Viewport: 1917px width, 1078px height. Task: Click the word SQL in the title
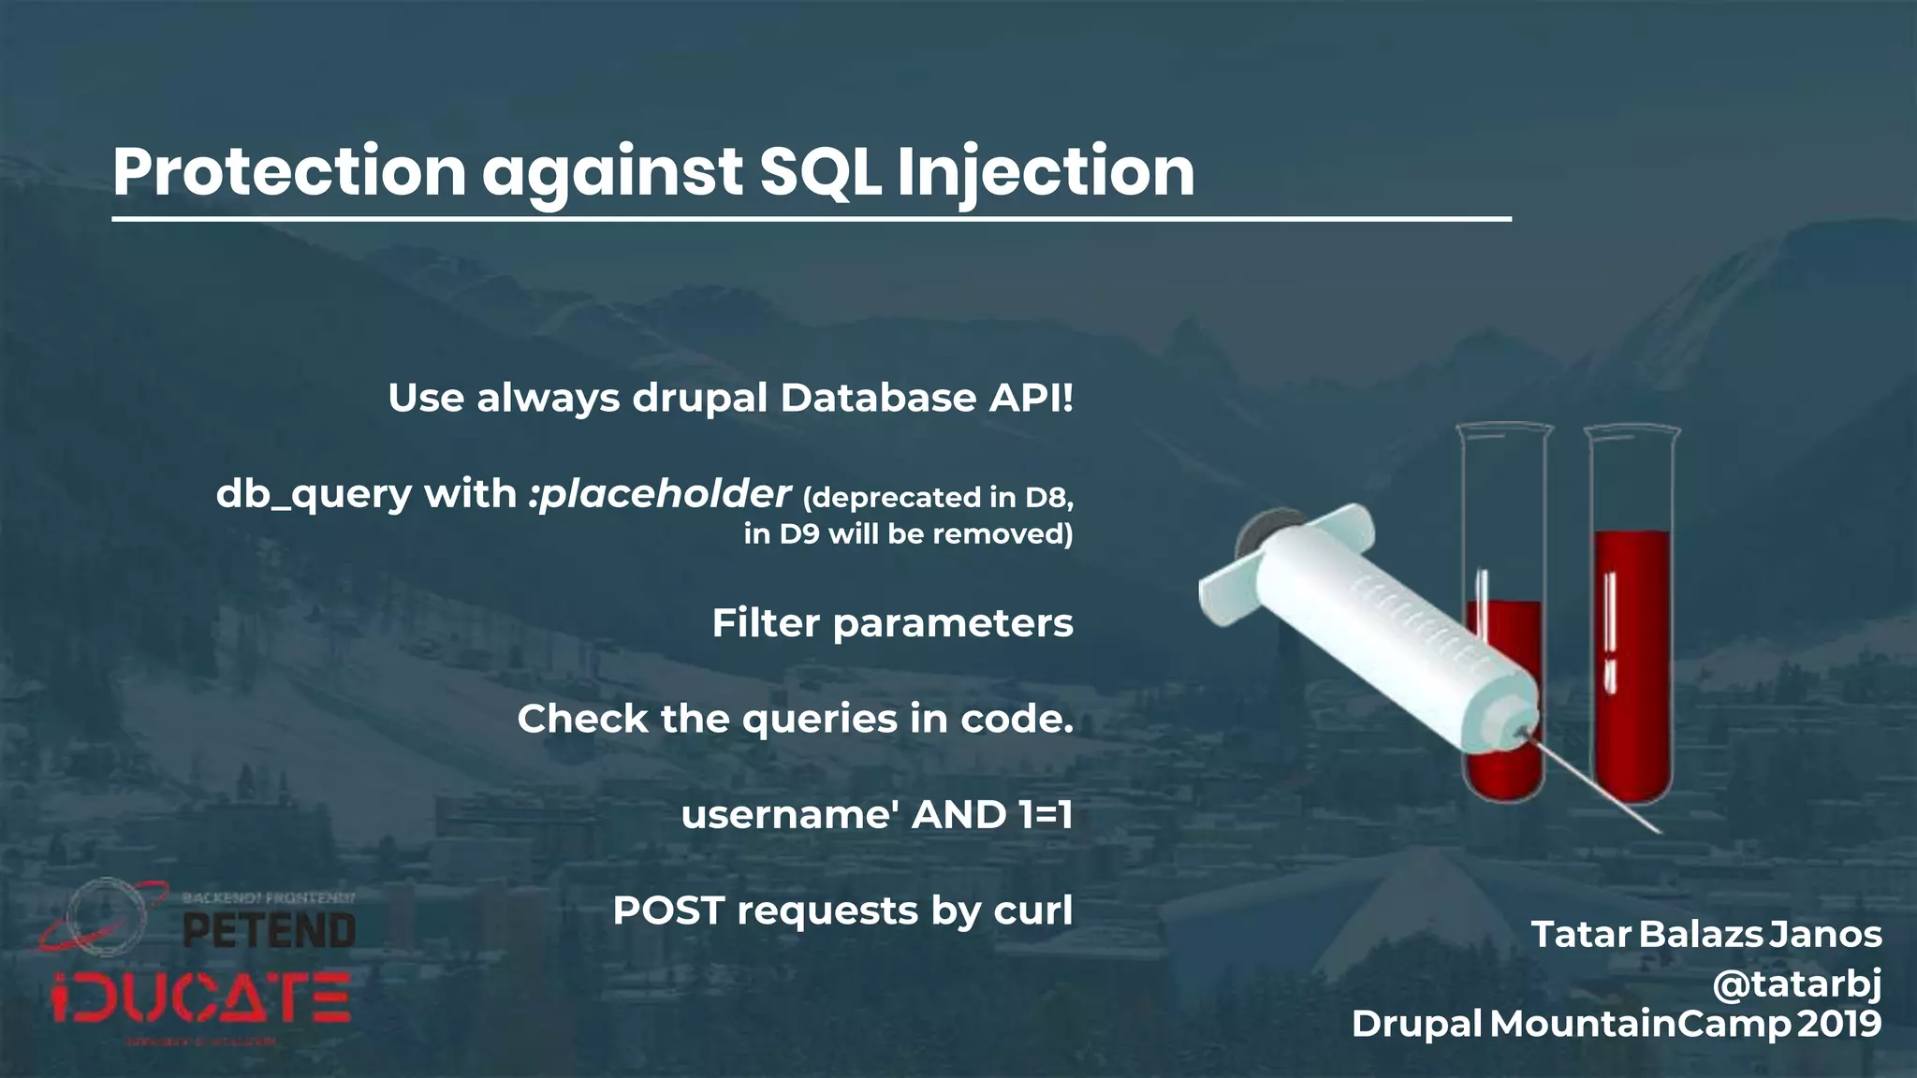pos(820,172)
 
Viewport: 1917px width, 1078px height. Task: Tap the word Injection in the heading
pos(1046,172)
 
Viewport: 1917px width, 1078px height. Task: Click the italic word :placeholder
pos(660,494)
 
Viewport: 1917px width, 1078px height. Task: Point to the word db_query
pos(314,494)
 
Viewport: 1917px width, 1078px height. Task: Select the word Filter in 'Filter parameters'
pos(765,623)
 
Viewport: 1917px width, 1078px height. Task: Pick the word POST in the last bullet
pos(668,910)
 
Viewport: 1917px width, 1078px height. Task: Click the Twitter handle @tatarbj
pos(1796,983)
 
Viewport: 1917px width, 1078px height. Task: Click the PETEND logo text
pos(269,931)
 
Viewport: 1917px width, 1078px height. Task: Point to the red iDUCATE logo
pos(201,998)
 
